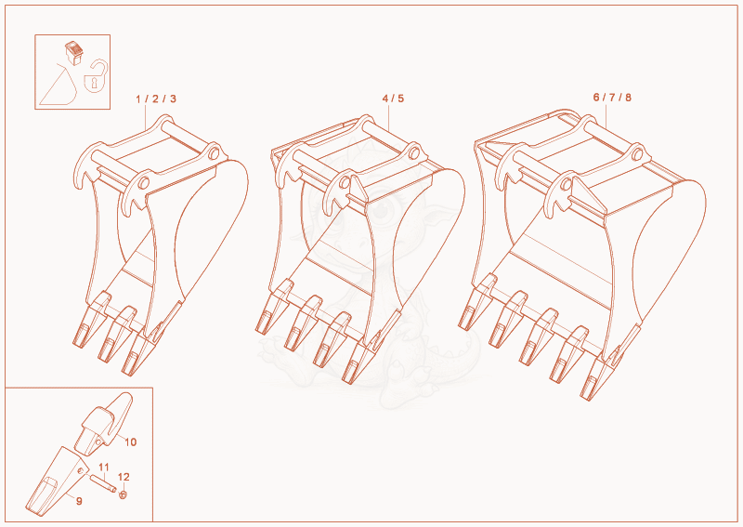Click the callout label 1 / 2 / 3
point(156,99)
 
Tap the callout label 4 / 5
point(393,99)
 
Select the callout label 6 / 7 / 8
point(612,98)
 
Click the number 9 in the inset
point(79,501)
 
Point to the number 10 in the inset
point(130,442)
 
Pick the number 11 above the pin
point(104,468)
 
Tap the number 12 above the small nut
point(124,477)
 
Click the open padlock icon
point(96,76)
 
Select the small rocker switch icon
point(73,53)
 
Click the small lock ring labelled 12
point(124,494)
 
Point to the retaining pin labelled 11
point(103,484)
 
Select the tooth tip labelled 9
point(56,480)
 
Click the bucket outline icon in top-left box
point(59,85)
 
